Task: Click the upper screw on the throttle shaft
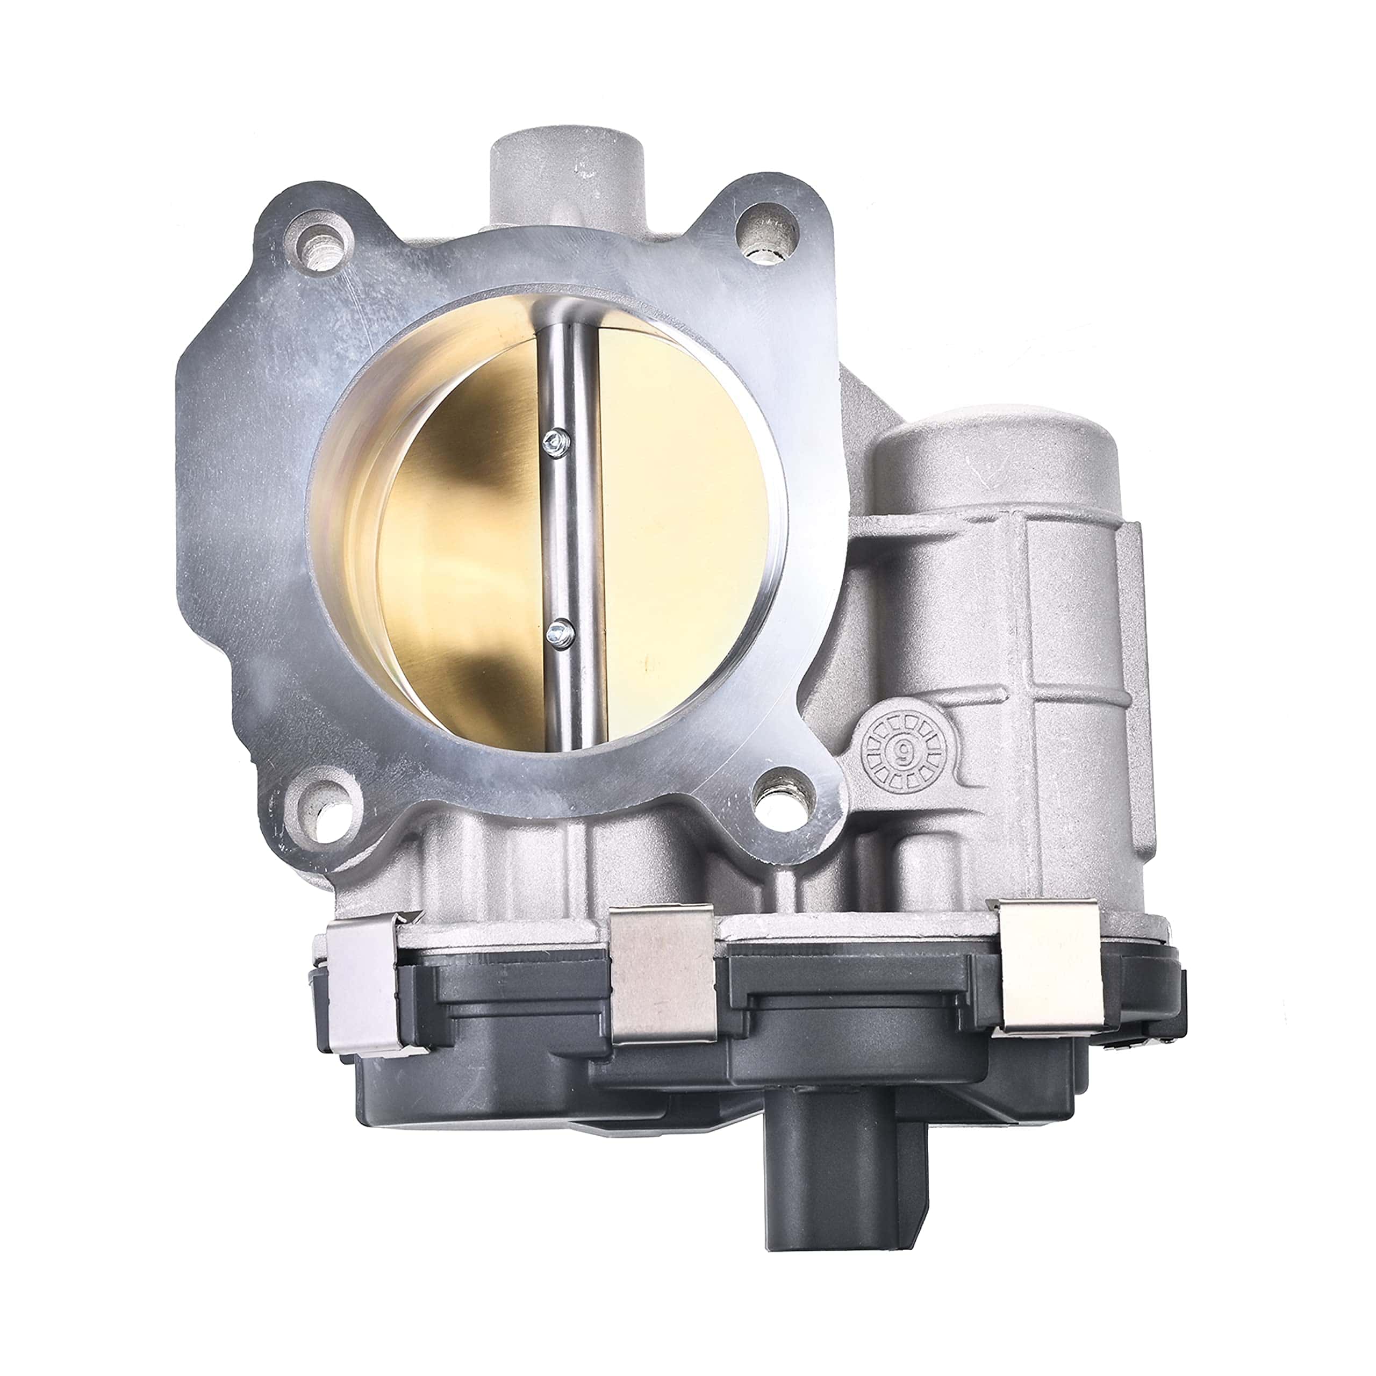[x=555, y=442]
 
